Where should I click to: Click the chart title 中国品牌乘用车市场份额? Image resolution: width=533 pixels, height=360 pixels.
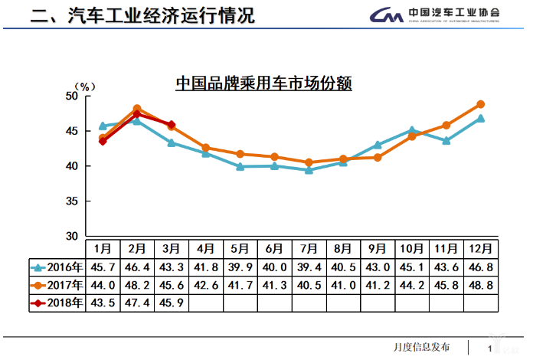click(x=263, y=83)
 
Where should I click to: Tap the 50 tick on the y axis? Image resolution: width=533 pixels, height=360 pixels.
click(x=70, y=96)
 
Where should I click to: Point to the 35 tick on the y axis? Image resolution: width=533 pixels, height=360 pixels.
click(x=70, y=201)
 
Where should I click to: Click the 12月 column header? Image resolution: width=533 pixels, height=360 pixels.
click(x=481, y=249)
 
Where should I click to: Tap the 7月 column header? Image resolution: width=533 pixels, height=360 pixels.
click(x=309, y=249)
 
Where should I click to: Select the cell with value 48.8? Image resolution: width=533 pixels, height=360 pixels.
click(x=481, y=285)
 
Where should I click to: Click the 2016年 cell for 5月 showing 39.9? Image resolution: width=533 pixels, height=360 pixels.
click(x=240, y=267)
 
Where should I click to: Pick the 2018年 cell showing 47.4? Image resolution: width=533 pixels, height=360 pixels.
click(x=136, y=303)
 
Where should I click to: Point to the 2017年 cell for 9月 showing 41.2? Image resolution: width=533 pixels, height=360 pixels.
click(x=378, y=285)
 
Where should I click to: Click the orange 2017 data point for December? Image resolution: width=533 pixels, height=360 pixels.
click(x=481, y=104)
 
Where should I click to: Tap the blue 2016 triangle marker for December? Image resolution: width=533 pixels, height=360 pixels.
click(x=481, y=119)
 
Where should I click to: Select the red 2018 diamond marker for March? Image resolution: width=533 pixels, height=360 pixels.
click(x=171, y=125)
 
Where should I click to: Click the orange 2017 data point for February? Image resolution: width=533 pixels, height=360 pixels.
click(x=136, y=109)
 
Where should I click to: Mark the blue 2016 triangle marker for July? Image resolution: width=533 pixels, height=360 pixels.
click(x=309, y=170)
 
